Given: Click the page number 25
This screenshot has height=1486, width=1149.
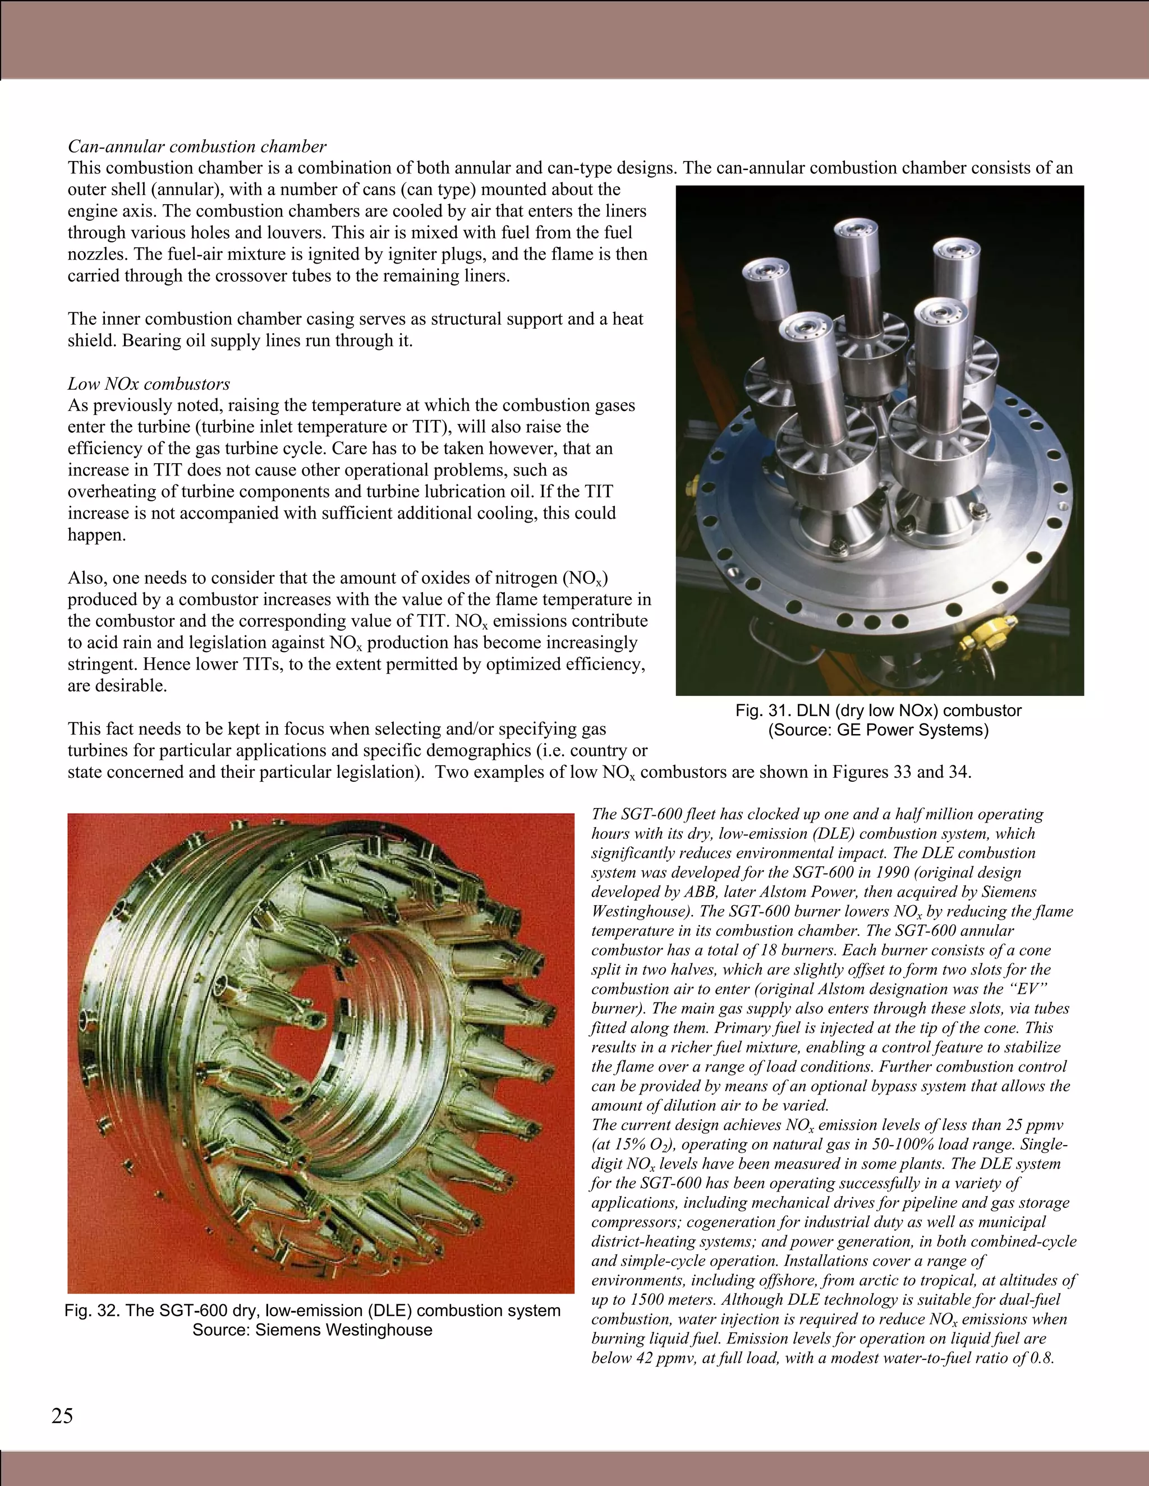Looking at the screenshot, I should point(62,1416).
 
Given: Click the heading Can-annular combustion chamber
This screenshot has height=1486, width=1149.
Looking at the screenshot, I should point(197,146).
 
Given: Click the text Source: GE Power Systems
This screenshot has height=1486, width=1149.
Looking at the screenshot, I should point(878,730).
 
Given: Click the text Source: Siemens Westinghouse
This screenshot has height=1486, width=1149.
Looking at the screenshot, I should point(312,1330).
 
